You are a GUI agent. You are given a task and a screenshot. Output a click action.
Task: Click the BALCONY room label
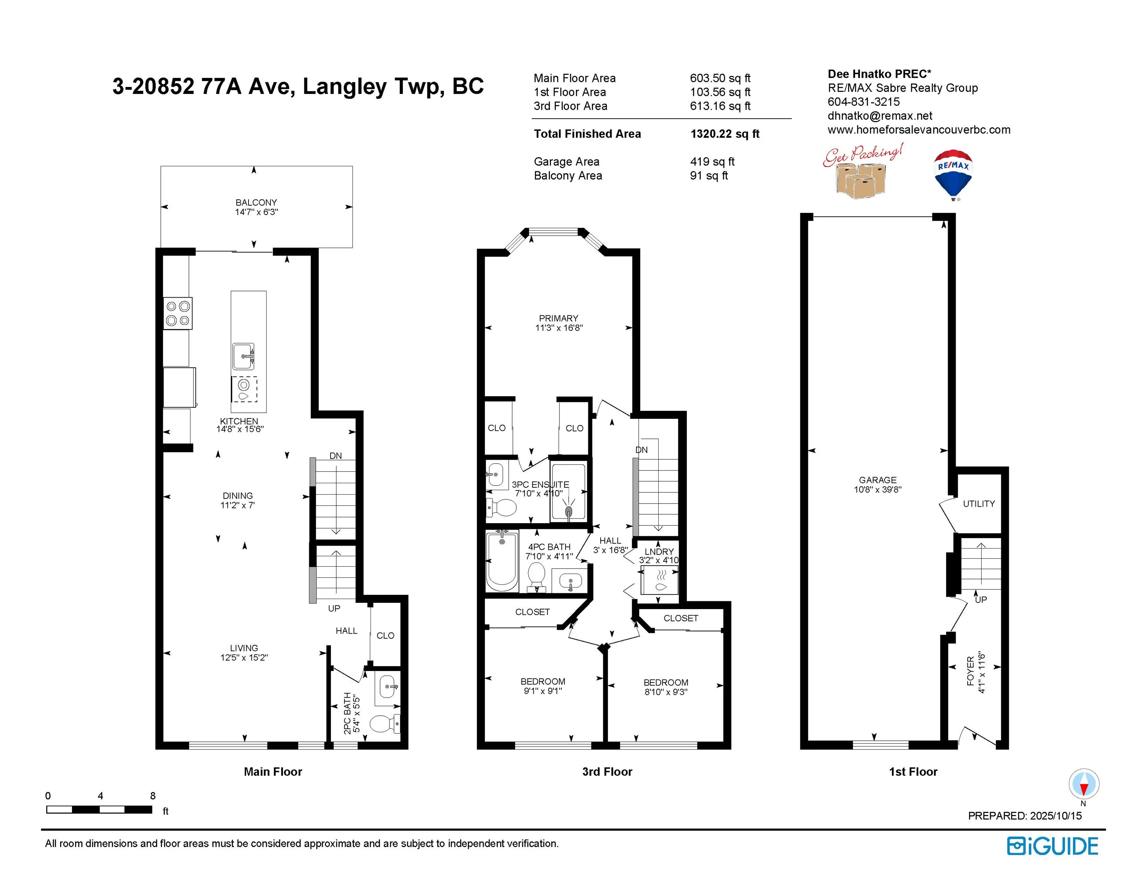coord(256,202)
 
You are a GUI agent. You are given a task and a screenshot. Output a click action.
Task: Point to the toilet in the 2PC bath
coord(385,724)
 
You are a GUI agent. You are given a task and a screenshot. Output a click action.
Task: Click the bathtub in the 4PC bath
coord(502,561)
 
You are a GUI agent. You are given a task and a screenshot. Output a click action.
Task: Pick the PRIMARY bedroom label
coord(558,318)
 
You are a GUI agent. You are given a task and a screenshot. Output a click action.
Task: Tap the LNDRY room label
coord(659,552)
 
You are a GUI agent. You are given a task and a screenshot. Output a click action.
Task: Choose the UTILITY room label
coord(979,504)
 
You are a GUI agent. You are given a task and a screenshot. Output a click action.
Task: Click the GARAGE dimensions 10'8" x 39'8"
coord(878,490)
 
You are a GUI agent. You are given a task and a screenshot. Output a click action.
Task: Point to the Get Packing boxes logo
coord(862,171)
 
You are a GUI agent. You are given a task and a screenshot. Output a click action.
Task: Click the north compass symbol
coord(1084,785)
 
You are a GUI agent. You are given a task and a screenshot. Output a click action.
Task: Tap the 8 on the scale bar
coord(153,796)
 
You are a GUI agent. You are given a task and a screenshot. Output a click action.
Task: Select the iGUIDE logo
coord(1052,846)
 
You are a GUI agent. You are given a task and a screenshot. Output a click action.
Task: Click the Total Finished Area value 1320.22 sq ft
coord(725,134)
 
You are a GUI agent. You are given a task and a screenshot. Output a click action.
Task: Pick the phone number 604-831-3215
coord(863,102)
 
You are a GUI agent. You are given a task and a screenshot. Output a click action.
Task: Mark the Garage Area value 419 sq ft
coord(712,162)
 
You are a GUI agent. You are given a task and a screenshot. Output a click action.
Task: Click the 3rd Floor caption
coord(607,772)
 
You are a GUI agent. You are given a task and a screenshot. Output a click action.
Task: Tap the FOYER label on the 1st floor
coord(970,671)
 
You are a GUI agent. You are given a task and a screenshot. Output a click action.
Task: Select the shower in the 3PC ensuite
coord(568,492)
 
